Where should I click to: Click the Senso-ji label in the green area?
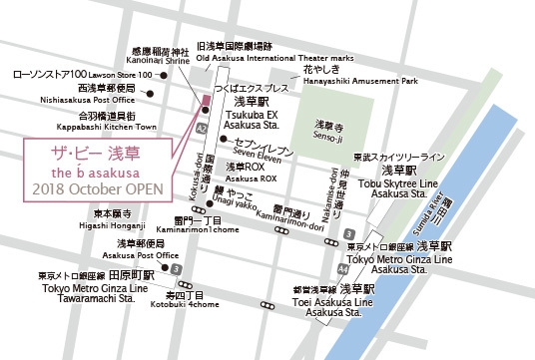(329, 133)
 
